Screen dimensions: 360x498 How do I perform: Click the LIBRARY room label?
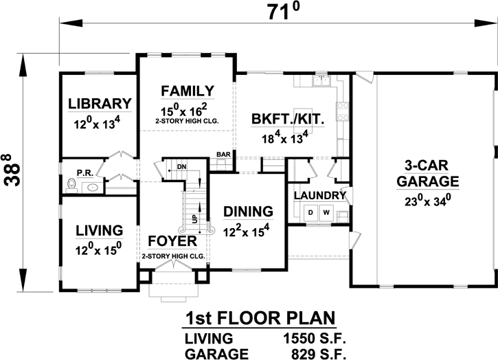coord(100,104)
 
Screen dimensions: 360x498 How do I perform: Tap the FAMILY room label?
coord(187,91)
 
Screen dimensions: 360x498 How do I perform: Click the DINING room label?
coord(248,212)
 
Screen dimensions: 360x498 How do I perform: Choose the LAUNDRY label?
coord(319,196)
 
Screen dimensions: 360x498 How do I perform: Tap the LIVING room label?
coord(100,229)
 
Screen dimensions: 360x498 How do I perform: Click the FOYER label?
coord(173,242)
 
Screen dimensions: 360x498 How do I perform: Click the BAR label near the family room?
coord(223,155)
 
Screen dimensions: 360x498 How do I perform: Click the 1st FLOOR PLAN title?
coord(259,319)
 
